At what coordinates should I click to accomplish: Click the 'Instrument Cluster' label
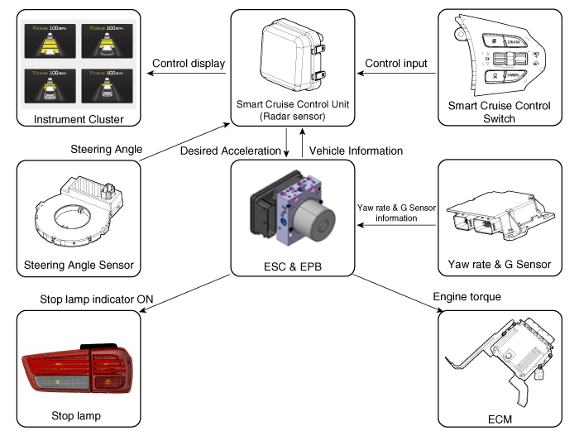point(79,121)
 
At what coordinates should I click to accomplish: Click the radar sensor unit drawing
point(289,54)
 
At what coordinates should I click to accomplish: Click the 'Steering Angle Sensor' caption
point(79,266)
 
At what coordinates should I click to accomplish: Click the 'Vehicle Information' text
point(356,151)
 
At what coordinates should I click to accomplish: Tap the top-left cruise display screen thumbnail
point(47,39)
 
